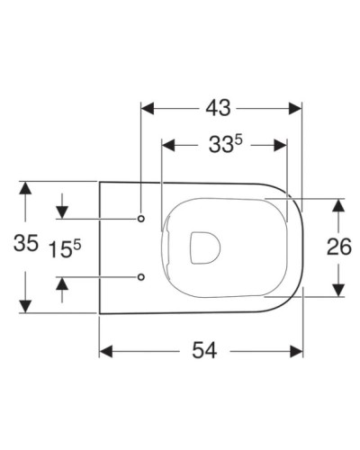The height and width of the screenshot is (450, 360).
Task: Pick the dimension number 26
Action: coord(338,247)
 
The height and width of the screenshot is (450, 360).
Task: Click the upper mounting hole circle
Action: coord(142,219)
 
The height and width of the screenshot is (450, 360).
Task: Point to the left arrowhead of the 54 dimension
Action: coord(105,350)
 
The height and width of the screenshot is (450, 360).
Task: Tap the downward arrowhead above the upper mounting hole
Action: coord(62,212)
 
